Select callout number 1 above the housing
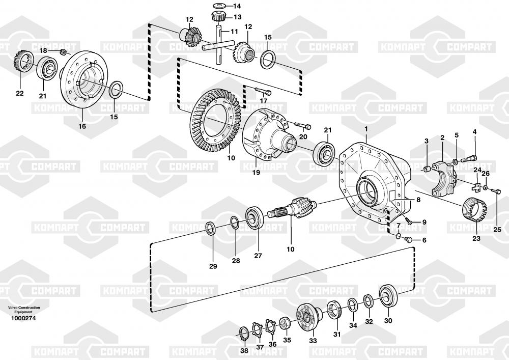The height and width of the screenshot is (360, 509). pyautogui.click(x=366, y=129)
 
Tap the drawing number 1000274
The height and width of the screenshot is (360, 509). pyautogui.click(x=23, y=318)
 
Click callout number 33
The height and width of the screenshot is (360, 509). pyautogui.click(x=313, y=341)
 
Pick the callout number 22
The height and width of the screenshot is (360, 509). pyautogui.click(x=20, y=94)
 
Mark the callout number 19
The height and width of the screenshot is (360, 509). pyautogui.click(x=256, y=173)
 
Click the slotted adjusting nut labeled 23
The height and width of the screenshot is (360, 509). pyautogui.click(x=474, y=209)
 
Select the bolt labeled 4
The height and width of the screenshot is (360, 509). pyautogui.click(x=468, y=159)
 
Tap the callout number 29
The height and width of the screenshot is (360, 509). pyautogui.click(x=213, y=266)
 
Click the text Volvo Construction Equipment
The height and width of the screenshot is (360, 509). pyautogui.click(x=24, y=310)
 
